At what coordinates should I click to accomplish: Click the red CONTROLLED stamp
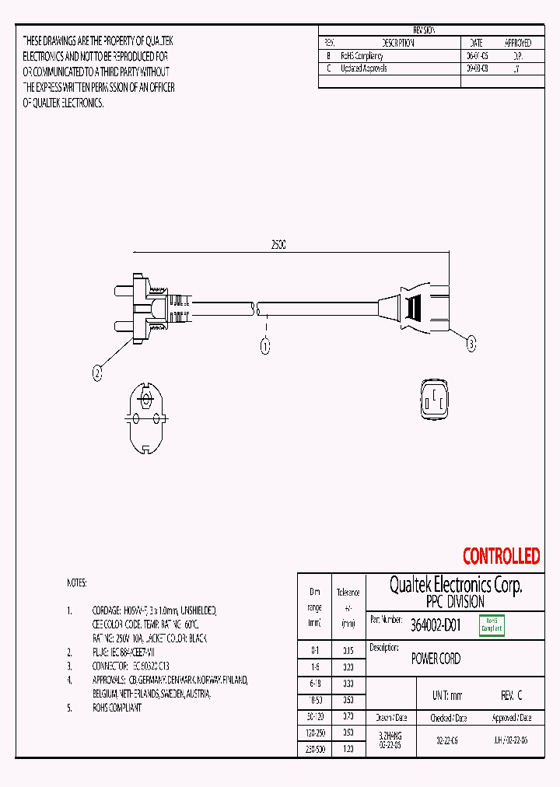pyautogui.click(x=501, y=556)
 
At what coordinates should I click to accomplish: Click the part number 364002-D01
pyautogui.click(x=436, y=625)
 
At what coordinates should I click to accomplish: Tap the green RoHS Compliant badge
pyautogui.click(x=492, y=625)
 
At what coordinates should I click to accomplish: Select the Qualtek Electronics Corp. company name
pyautogui.click(x=455, y=585)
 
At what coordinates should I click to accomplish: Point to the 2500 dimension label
pyautogui.click(x=278, y=244)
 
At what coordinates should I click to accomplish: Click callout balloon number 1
pyautogui.click(x=264, y=347)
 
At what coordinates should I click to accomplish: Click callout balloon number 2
pyautogui.click(x=97, y=373)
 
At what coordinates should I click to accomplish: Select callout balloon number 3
pyautogui.click(x=471, y=343)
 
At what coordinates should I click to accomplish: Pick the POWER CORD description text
pyautogui.click(x=436, y=659)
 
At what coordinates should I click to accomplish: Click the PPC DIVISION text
pyautogui.click(x=455, y=602)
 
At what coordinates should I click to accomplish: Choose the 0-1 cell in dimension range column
pyautogui.click(x=314, y=649)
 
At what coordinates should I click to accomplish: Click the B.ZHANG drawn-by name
pyautogui.click(x=390, y=735)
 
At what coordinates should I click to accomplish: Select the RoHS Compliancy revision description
pyautogui.click(x=362, y=56)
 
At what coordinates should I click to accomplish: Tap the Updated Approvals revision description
pyautogui.click(x=364, y=68)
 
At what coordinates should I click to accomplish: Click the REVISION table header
pyautogui.click(x=423, y=30)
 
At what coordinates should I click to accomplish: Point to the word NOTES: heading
pyautogui.click(x=77, y=583)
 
